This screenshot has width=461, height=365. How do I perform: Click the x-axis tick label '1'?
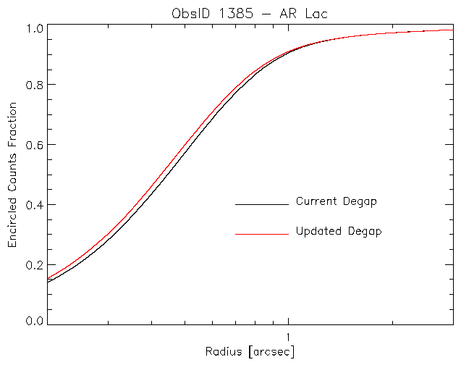pyautogui.click(x=289, y=337)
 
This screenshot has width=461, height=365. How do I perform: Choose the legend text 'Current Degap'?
pyautogui.click(x=337, y=201)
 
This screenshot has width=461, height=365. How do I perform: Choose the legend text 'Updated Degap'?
pyautogui.click(x=339, y=232)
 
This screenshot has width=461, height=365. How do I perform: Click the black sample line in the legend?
pyautogui.click(x=261, y=205)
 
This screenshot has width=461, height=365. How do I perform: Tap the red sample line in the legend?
pyautogui.click(x=261, y=235)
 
